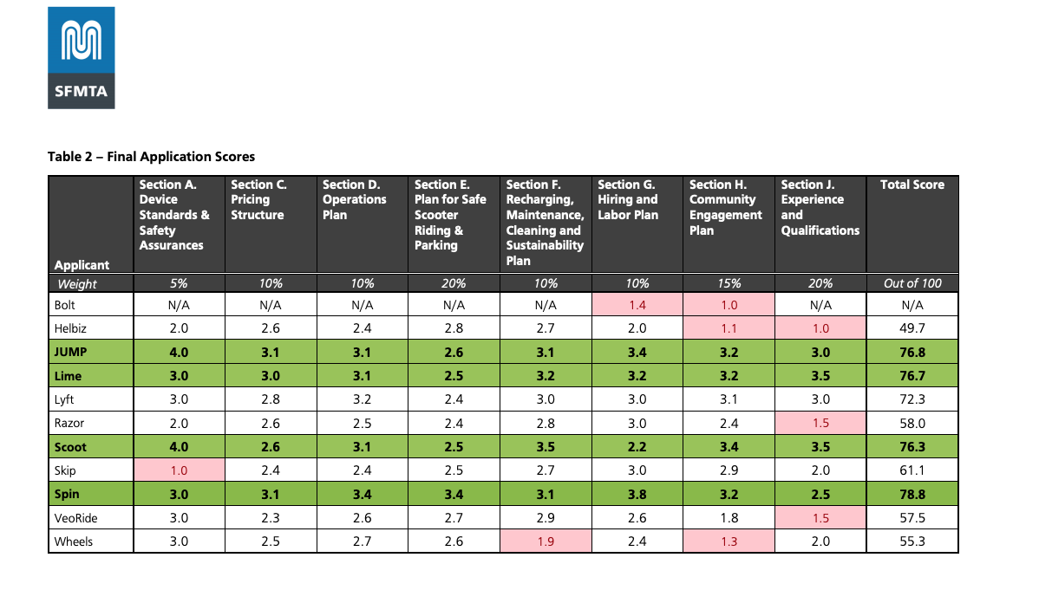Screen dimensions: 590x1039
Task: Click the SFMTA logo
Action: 81,57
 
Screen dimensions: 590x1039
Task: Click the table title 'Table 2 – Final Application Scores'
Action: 151,157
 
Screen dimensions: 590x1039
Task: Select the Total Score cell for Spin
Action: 912,495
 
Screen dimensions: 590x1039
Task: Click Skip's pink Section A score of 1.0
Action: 179,470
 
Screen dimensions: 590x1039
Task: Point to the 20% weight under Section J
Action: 820,283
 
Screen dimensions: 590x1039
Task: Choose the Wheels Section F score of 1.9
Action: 546,541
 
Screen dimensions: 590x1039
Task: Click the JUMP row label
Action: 71,353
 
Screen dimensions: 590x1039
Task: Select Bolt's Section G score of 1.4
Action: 637,305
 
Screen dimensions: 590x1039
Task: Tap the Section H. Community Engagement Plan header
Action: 727,208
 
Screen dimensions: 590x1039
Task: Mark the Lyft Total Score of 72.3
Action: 912,399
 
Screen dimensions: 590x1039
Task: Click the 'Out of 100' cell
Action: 912,283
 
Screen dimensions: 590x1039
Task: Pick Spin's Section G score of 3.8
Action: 637,495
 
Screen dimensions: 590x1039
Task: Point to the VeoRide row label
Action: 77,518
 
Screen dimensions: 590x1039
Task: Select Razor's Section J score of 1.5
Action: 820,424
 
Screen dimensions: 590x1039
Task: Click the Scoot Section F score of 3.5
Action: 546,447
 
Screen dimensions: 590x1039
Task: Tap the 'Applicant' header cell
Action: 82,265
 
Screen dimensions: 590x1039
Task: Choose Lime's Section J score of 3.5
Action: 820,376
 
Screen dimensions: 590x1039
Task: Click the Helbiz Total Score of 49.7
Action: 912,328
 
